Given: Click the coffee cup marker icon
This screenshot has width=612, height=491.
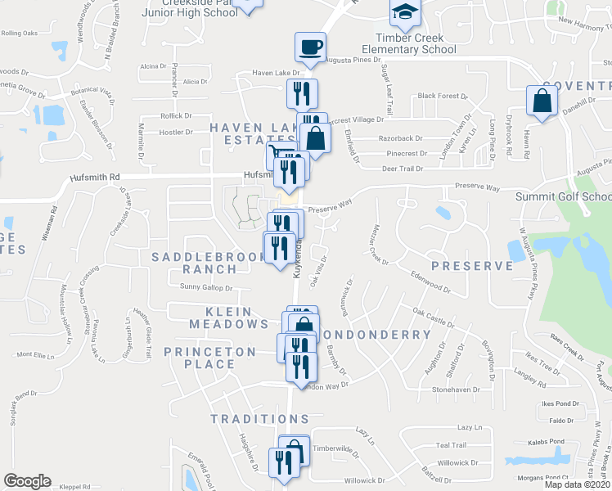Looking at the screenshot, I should [x=311, y=46].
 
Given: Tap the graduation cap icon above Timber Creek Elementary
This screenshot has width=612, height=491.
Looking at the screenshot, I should [x=404, y=11].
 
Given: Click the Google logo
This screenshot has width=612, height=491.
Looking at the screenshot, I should [x=27, y=481].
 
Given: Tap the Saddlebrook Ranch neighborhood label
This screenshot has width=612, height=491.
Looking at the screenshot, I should [x=199, y=263].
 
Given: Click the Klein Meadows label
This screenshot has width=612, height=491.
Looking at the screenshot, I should [x=229, y=318].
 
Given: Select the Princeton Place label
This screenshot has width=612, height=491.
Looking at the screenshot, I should [x=210, y=358].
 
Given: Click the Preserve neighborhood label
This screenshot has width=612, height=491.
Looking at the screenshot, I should [x=471, y=266].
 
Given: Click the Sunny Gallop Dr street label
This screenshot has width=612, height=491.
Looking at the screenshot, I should [x=205, y=287].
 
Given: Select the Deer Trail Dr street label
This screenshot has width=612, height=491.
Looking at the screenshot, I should [x=402, y=169].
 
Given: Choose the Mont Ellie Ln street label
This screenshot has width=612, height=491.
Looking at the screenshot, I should [x=34, y=355].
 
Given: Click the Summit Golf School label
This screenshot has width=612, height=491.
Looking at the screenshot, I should [x=563, y=196].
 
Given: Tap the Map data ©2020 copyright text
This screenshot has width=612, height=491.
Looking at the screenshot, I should [x=576, y=484].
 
